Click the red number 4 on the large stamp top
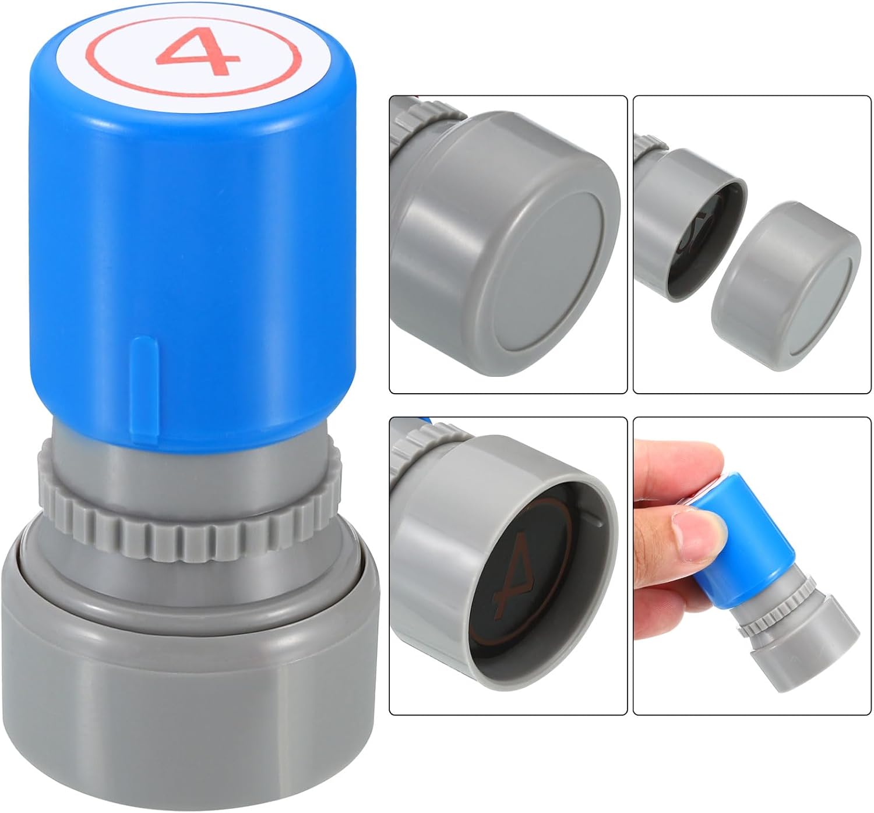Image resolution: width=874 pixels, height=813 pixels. point(198,51)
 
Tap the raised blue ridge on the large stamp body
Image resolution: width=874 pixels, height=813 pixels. point(145,391)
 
